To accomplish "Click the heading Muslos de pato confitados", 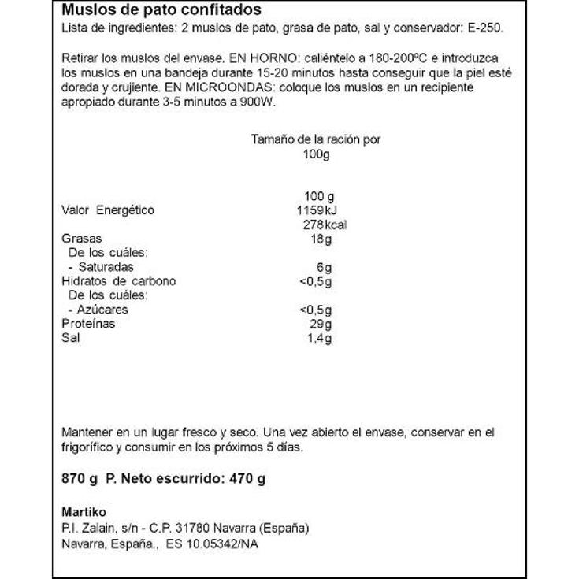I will tap(161, 12).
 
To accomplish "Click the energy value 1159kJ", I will tap(315, 210).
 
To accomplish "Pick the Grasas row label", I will tap(81, 239).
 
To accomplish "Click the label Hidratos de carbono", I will tap(118, 281).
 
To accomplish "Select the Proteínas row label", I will tap(88, 324).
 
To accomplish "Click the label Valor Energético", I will tap(108, 210).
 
